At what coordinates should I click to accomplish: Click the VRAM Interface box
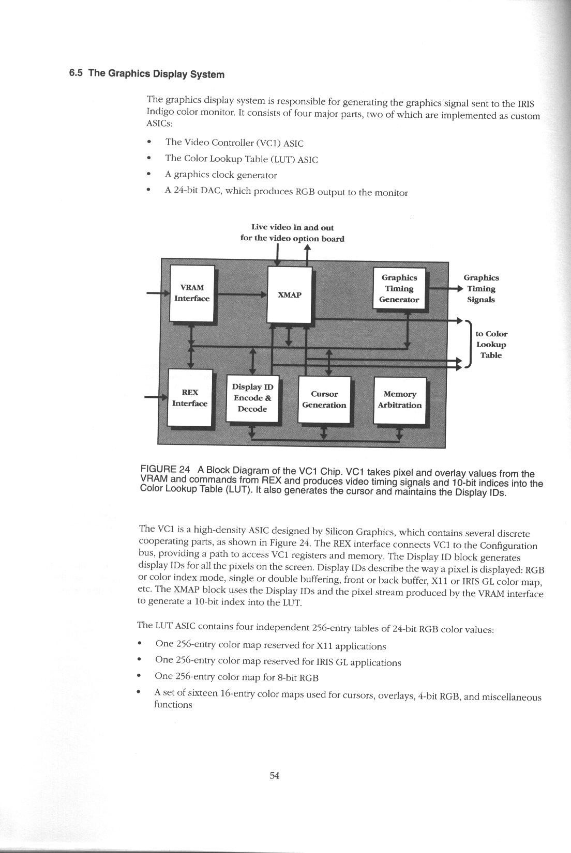pyautogui.click(x=192, y=293)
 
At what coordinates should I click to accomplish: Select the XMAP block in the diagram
pyautogui.click(x=290, y=294)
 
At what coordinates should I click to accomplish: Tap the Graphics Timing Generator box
pyautogui.click(x=399, y=289)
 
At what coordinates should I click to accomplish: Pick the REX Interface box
pyautogui.click(x=190, y=398)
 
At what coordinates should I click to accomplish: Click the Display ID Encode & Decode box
pyautogui.click(x=252, y=398)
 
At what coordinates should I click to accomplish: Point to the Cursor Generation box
pyautogui.click(x=324, y=399)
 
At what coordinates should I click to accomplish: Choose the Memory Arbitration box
pyautogui.click(x=399, y=399)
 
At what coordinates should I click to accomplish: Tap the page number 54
pyautogui.click(x=275, y=775)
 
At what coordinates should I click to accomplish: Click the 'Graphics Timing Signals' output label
pyautogui.click(x=481, y=289)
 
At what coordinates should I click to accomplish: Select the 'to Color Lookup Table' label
pyautogui.click(x=491, y=345)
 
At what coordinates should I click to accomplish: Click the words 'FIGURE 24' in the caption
pyautogui.click(x=165, y=469)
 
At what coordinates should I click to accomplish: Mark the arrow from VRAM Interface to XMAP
pyautogui.click(x=241, y=295)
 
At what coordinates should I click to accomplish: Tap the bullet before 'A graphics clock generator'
pyautogui.click(x=149, y=175)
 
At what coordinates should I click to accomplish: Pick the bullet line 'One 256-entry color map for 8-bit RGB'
pyautogui.click(x=236, y=677)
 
